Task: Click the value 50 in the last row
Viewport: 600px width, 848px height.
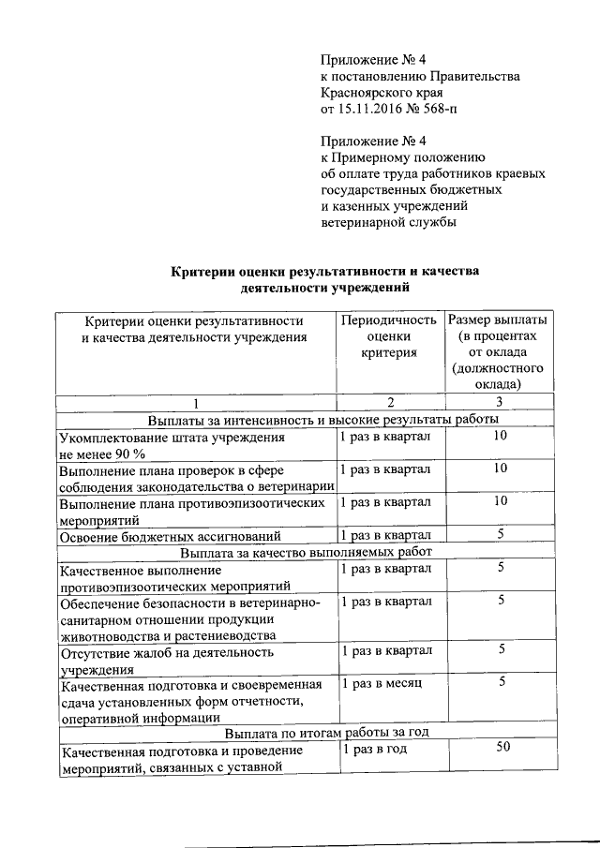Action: [x=502, y=748]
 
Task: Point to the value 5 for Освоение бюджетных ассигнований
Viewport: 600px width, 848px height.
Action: [x=502, y=534]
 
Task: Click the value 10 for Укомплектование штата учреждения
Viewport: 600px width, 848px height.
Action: [x=501, y=437]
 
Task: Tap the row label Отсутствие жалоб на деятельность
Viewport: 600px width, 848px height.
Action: [x=166, y=650]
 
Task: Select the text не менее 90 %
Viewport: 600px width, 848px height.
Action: [x=96, y=454]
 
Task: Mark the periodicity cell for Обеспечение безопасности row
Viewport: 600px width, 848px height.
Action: [x=386, y=601]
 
